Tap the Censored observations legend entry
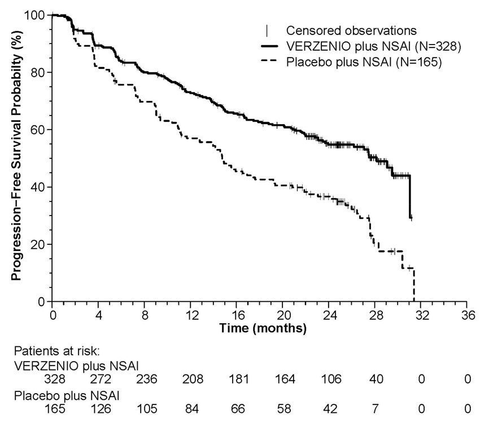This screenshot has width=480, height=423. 351,30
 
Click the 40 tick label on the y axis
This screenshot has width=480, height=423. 38,187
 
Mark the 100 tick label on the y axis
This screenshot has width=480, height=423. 35,15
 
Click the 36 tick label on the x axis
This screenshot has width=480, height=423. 467,314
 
